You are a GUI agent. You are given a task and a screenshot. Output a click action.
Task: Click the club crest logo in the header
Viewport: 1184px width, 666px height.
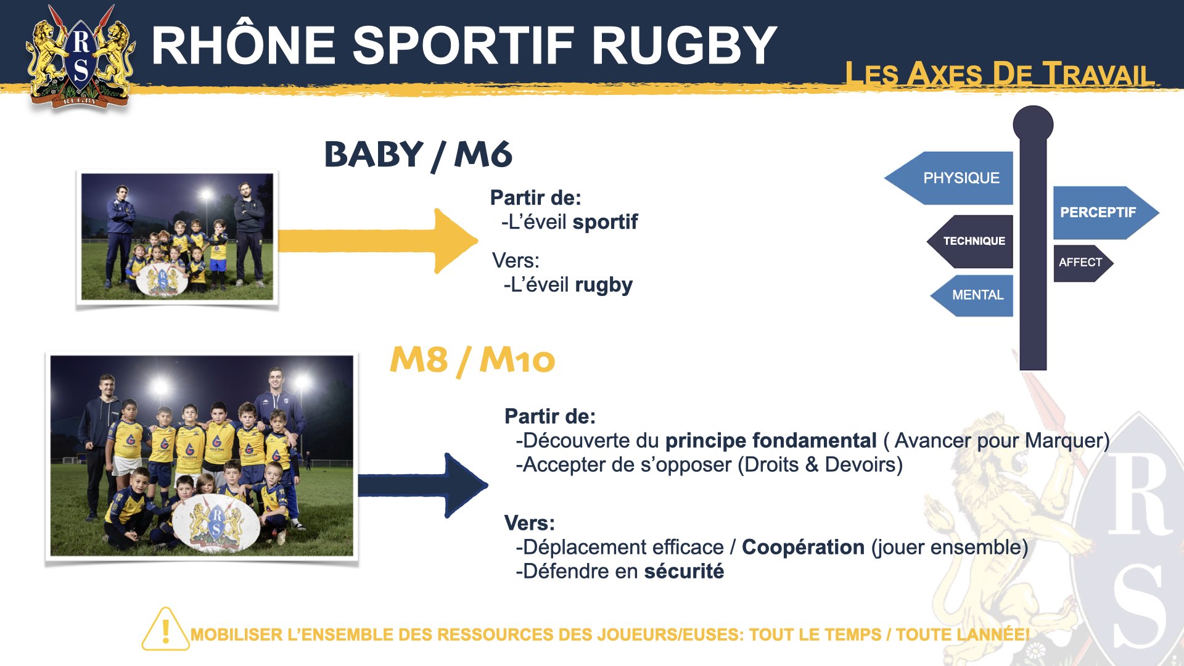[x=80, y=57]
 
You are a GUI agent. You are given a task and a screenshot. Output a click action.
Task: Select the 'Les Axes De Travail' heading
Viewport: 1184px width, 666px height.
[x=999, y=73]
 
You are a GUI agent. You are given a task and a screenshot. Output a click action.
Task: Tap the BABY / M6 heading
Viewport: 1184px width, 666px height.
[x=418, y=155]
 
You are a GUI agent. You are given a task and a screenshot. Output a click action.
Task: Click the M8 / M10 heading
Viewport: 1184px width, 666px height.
[x=472, y=360]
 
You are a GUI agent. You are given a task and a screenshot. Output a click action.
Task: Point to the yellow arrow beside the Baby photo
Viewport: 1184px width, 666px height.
[x=377, y=240]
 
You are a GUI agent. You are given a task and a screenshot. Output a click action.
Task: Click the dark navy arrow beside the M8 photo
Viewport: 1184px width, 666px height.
[x=423, y=485]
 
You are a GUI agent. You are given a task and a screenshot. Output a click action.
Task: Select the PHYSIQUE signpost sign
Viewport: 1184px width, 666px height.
[x=949, y=178]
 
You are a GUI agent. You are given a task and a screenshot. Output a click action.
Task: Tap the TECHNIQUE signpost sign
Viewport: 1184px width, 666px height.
[x=970, y=241]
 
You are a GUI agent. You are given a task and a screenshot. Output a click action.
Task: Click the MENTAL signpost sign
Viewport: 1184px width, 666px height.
[x=972, y=295]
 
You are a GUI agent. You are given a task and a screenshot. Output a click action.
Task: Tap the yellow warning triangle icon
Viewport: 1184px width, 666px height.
[x=165, y=630]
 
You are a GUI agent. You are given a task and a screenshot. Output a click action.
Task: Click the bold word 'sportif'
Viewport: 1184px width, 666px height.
[x=605, y=222]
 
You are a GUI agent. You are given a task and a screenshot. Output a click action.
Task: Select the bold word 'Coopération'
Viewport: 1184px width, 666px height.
[x=803, y=548]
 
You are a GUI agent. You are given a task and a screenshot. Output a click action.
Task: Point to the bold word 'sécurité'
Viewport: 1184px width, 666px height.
[x=684, y=572]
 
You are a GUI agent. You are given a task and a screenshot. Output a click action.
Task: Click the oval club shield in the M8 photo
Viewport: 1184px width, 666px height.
[x=215, y=521]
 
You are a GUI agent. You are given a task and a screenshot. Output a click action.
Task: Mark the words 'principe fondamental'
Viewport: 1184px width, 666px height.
[x=771, y=441]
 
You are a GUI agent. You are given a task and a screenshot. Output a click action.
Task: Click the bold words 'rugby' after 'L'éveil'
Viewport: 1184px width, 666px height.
[x=604, y=286]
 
